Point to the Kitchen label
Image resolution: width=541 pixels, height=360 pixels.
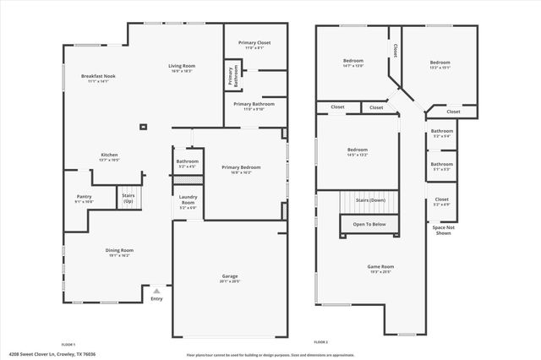tap(109, 155)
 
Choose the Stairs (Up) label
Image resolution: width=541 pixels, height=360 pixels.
tap(128, 199)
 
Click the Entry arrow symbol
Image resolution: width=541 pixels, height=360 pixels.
tap(156, 290)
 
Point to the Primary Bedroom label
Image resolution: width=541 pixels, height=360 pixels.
tap(241, 167)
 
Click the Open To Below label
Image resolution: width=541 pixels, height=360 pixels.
tap(369, 224)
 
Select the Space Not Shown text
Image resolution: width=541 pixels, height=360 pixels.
tap(444, 230)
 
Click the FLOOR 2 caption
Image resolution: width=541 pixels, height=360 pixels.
tap(320, 342)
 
